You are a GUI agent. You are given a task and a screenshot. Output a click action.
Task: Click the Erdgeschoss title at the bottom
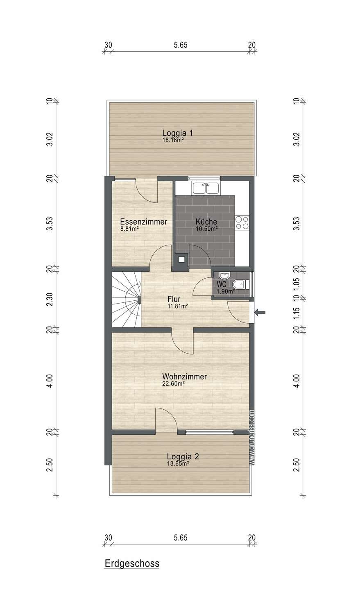(132, 563)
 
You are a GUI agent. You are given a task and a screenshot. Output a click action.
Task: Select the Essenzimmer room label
(143, 222)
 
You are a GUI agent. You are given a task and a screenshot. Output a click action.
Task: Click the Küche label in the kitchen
(206, 222)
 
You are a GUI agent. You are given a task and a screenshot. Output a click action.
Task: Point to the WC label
(222, 284)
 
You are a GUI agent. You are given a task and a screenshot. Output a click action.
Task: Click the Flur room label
(174, 299)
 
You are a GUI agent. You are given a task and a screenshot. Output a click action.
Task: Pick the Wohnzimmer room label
(184, 377)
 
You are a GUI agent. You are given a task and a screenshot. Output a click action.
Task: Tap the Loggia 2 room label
(183, 456)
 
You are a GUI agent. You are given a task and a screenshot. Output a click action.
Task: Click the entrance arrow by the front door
(260, 312)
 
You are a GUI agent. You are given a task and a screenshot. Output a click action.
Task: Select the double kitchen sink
(206, 188)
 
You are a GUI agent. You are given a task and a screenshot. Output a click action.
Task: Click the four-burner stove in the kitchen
(242, 222)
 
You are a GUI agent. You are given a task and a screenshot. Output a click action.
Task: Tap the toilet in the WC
(239, 284)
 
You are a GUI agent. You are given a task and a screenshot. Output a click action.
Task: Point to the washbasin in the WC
(224, 276)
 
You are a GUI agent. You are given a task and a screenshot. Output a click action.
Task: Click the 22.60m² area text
(173, 384)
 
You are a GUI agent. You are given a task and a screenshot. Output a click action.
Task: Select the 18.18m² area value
(173, 140)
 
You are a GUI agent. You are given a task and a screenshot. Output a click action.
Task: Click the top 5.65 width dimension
(181, 45)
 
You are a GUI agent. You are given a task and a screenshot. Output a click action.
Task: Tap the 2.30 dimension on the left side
(50, 300)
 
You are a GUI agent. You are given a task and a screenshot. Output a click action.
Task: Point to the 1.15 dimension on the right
(297, 313)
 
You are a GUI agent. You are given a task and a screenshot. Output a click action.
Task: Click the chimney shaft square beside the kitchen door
(181, 259)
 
